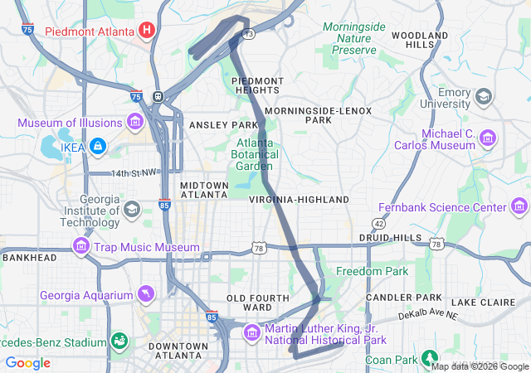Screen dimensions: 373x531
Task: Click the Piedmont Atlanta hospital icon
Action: (x=147, y=31)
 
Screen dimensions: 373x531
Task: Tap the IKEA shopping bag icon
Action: (x=98, y=147)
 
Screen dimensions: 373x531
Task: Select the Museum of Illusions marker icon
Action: (x=136, y=124)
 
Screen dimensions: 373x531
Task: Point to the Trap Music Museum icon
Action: (x=80, y=247)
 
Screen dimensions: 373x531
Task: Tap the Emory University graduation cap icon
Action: (x=482, y=97)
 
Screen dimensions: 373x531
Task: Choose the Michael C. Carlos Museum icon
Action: (x=487, y=138)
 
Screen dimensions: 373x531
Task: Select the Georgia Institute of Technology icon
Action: (x=131, y=208)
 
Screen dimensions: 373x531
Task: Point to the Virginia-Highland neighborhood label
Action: (x=299, y=200)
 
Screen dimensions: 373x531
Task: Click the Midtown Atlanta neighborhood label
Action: (x=203, y=189)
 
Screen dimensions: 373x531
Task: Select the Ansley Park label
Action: (x=224, y=124)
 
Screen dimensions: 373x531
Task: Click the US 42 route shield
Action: (x=378, y=224)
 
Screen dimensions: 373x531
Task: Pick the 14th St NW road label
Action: (x=135, y=173)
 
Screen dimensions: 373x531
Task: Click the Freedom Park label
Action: (x=371, y=271)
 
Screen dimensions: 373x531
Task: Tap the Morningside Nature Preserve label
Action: (x=354, y=38)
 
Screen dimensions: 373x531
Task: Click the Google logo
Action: (x=28, y=363)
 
